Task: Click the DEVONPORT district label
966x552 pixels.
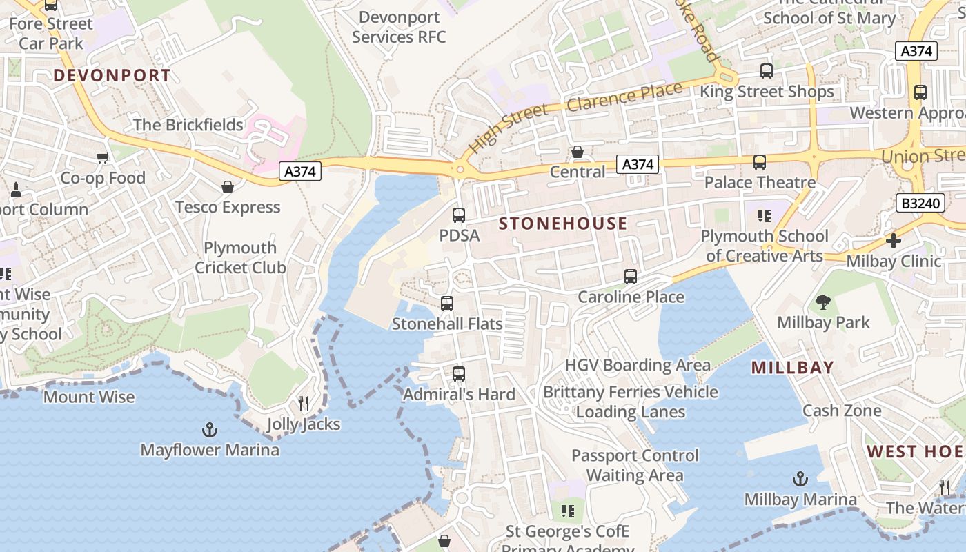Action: pyautogui.click(x=112, y=75)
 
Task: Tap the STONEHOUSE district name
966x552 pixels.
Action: pyautogui.click(x=563, y=224)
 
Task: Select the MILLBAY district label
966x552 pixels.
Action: pyautogui.click(x=793, y=368)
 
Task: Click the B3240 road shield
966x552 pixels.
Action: pyautogui.click(x=920, y=203)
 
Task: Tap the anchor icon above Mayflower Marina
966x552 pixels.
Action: pyautogui.click(x=210, y=431)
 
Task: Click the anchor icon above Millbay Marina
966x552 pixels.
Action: pyautogui.click(x=800, y=479)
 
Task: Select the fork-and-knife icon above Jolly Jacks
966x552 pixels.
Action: pyautogui.click(x=304, y=404)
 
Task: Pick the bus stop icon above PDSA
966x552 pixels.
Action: pyautogui.click(x=459, y=215)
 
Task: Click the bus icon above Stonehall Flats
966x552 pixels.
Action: pyautogui.click(x=447, y=304)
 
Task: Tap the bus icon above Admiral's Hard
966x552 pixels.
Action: pyautogui.click(x=459, y=374)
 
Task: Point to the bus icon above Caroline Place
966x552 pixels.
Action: pyautogui.click(x=631, y=277)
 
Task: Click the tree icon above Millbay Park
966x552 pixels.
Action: pyautogui.click(x=822, y=302)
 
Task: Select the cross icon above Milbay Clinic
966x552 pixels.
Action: pyautogui.click(x=894, y=241)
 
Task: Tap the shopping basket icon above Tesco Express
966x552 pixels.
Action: pyautogui.click(x=228, y=187)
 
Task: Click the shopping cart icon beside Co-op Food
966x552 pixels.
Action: pyautogui.click(x=103, y=157)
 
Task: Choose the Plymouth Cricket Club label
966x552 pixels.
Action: pyautogui.click(x=240, y=257)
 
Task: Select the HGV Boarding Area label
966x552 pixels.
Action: pyautogui.click(x=638, y=365)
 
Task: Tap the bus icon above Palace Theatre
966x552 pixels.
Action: pyautogui.click(x=760, y=162)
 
